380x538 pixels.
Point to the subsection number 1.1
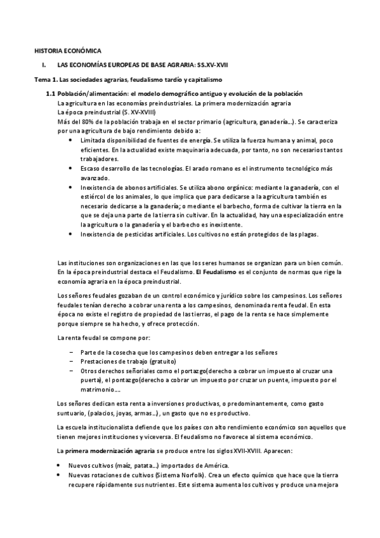(x=51, y=94)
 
